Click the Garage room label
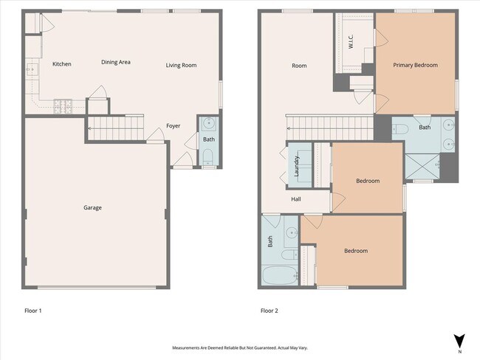92,207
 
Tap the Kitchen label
61,64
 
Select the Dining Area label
116,62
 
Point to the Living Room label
181,65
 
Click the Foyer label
173,125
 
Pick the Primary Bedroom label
415,65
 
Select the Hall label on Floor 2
295,199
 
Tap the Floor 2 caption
269,311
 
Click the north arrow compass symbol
459,341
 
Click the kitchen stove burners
60,105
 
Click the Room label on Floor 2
299,66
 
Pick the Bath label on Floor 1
209,139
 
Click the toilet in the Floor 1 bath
208,156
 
